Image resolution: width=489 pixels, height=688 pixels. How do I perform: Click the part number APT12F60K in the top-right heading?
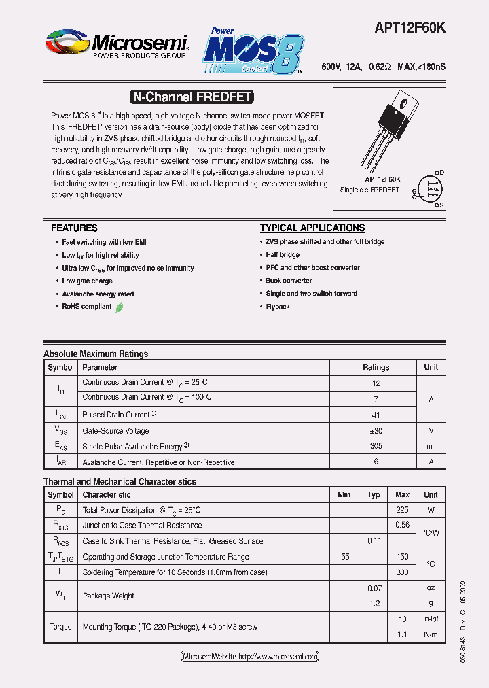tap(410, 29)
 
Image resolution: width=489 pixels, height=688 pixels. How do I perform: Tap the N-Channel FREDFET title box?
tap(192, 97)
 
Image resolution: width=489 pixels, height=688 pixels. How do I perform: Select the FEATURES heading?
tap(74, 228)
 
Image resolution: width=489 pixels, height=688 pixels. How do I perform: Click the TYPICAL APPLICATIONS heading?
tap(312, 228)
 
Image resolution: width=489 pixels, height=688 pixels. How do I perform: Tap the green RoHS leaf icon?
tap(120, 307)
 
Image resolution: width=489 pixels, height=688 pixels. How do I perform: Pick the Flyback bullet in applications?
tap(278, 307)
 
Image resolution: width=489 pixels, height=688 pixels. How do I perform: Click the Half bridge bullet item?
tap(283, 255)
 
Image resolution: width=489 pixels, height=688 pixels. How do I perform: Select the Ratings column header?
tap(376, 367)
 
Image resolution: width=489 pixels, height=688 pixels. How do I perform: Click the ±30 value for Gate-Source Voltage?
tap(376, 430)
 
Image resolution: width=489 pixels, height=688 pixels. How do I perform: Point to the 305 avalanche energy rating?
tap(376, 446)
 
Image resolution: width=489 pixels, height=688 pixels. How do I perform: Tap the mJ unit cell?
tap(431, 446)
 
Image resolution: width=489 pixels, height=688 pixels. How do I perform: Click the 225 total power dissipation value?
tap(402, 510)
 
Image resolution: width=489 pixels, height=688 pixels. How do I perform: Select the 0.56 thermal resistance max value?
tap(402, 525)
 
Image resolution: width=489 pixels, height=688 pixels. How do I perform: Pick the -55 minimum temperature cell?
tap(344, 557)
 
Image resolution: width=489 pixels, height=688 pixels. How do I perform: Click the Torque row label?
tap(60, 627)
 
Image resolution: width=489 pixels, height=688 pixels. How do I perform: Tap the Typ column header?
tap(374, 495)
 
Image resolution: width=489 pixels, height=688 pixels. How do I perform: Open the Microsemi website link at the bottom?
tap(250, 657)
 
